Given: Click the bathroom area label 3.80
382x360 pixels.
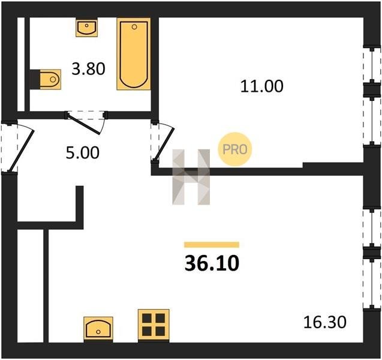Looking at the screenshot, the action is pos(88,69).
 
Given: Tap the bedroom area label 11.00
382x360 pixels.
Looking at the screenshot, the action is pos(261,86).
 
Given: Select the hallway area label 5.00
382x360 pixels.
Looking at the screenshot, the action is pos(83,153).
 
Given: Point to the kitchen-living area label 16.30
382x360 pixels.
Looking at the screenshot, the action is pos(325,322).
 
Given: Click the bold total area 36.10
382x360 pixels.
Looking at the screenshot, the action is pos(212,264).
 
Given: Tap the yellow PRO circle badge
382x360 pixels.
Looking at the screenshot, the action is pos(234,149).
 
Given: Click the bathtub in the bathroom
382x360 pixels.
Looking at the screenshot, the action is pos(134,54).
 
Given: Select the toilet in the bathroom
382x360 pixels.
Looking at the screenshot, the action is pos(50,79).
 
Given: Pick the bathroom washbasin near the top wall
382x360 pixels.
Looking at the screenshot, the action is pos(87,27).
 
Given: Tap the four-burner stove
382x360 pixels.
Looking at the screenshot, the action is pos(154,326).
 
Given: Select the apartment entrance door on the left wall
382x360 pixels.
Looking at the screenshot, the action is pos(21,151).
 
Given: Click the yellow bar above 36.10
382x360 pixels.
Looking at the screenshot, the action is pos(212,245).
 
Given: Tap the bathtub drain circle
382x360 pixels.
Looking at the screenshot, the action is pos(134,27).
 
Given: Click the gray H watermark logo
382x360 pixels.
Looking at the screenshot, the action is pos(191,177).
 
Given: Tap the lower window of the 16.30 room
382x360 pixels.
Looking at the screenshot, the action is pos(372,284).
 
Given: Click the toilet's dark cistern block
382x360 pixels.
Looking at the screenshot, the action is pos(35,79).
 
